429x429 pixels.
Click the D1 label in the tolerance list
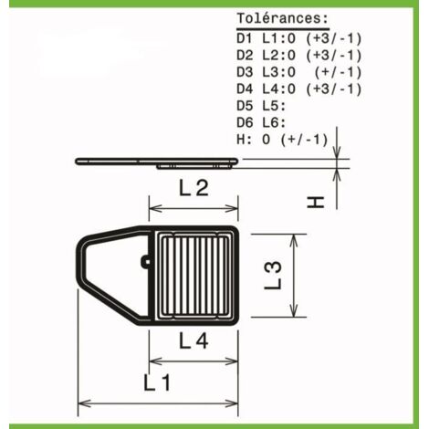(245, 38)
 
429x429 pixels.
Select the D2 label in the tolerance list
(245, 56)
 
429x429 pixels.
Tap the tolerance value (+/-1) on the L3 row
(339, 72)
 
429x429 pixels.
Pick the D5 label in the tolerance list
(245, 106)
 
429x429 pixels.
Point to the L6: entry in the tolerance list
(274, 122)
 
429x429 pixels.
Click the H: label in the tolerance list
(245, 140)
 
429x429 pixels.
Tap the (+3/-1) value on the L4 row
(334, 89)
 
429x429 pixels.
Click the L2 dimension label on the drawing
(194, 188)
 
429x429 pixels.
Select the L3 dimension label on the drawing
(273, 276)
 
